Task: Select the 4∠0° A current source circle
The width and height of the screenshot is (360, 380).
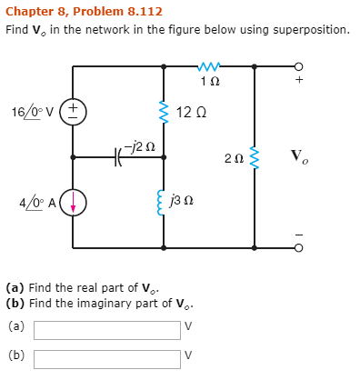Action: tap(74, 202)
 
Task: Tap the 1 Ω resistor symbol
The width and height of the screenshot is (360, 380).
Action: tap(209, 65)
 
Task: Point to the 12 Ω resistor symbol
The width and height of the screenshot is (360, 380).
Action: tap(164, 113)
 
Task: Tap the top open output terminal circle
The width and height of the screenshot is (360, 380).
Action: tap(297, 65)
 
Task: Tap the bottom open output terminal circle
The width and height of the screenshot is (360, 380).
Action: tap(297, 247)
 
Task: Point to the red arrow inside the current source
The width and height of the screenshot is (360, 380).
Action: tap(74, 202)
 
